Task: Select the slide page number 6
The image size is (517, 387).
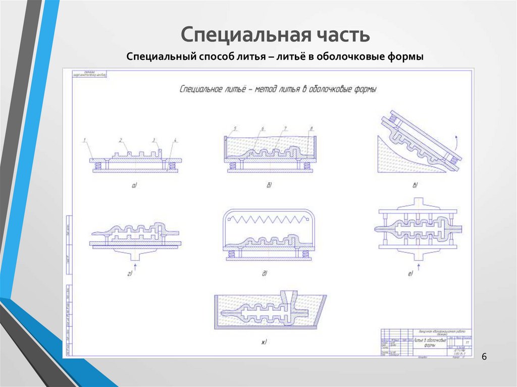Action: pos(484,357)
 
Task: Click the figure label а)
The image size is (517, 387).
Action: pos(135,186)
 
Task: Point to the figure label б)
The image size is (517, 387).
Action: pos(269,186)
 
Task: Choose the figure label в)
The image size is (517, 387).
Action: pos(415,186)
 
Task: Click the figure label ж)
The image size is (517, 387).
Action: pos(264,343)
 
